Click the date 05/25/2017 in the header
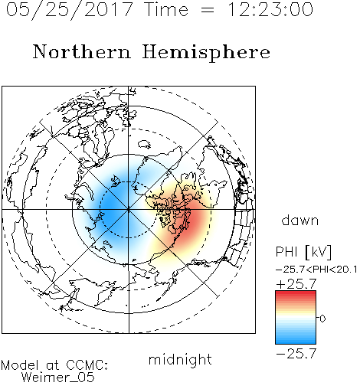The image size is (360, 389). click(x=69, y=10)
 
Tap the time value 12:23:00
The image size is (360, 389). click(x=270, y=9)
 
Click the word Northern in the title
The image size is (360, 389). click(x=82, y=51)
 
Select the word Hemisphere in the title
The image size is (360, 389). click(x=206, y=53)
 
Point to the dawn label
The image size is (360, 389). click(x=300, y=220)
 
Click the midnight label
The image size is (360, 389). click(x=180, y=359)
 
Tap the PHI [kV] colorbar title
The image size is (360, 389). click(x=303, y=252)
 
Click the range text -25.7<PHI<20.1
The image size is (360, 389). click(x=316, y=270)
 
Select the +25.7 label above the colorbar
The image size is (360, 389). click(x=296, y=284)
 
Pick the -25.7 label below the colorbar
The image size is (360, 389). click(x=296, y=354)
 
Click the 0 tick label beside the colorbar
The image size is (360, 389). click(x=322, y=319)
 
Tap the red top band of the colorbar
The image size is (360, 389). click(x=296, y=293)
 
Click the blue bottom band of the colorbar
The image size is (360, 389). click(x=296, y=341)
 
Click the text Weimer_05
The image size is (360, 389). click(x=58, y=378)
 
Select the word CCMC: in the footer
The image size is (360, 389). click(x=87, y=365)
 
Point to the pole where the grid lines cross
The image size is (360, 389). click(x=129, y=210)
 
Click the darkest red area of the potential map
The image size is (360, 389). click(x=195, y=220)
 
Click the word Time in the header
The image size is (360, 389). click(x=166, y=9)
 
